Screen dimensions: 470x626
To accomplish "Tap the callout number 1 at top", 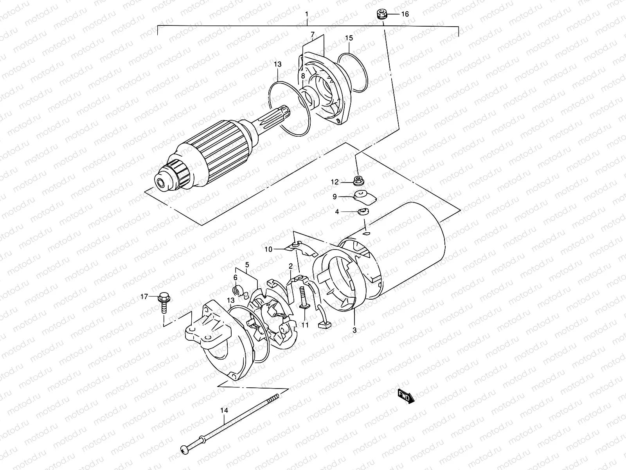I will [307, 14].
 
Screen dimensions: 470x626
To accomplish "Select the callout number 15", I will [349, 38].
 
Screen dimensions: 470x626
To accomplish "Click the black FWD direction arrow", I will [405, 396].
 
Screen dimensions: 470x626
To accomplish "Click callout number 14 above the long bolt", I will [223, 410].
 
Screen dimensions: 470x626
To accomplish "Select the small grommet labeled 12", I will [357, 181].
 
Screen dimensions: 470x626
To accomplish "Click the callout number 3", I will [354, 330].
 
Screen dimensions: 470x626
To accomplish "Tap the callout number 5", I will [247, 265].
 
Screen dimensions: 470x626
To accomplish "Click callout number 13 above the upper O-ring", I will [277, 64].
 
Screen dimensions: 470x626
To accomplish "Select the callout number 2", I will [290, 266].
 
